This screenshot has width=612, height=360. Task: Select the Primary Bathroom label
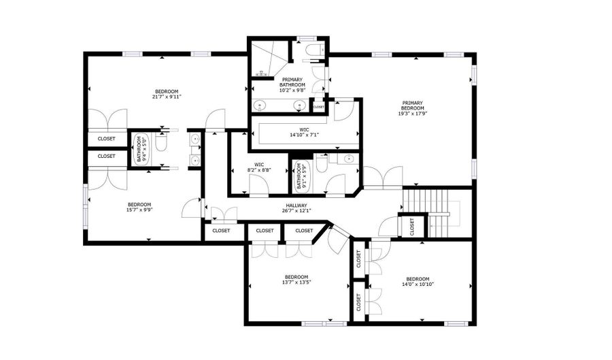click(x=293, y=82)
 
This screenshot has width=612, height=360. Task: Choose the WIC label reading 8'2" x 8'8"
click(x=259, y=164)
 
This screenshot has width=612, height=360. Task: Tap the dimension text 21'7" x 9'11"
click(x=167, y=97)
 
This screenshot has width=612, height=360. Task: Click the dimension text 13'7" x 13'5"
click(x=296, y=282)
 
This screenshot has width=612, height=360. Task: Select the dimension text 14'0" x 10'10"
click(x=418, y=284)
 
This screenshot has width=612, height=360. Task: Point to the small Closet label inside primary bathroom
click(x=318, y=107)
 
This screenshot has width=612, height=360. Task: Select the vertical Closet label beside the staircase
click(x=412, y=227)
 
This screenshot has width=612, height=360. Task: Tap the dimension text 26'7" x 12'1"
click(x=296, y=210)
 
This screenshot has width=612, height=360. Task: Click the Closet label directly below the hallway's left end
click(x=221, y=231)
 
